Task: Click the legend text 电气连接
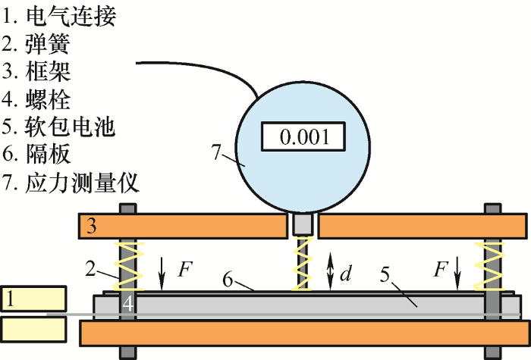(x=71, y=16)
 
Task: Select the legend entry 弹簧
(x=48, y=44)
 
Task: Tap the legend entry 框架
(x=48, y=72)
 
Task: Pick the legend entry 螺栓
(x=48, y=99)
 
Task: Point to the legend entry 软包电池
(x=70, y=127)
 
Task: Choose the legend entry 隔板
(x=48, y=155)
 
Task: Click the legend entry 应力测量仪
(x=82, y=183)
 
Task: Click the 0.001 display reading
(x=304, y=137)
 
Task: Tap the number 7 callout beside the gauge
(x=216, y=152)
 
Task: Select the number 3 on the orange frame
(x=92, y=226)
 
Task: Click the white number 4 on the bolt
(x=127, y=304)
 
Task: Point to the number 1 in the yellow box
(x=11, y=299)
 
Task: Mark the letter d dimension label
(x=346, y=273)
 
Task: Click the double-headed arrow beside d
(x=331, y=271)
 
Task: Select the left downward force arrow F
(x=162, y=274)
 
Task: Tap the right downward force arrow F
(x=457, y=274)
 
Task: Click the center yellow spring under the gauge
(x=303, y=265)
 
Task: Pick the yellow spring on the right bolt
(x=489, y=267)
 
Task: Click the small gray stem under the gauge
(x=303, y=224)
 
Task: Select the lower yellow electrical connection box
(x=33, y=329)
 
